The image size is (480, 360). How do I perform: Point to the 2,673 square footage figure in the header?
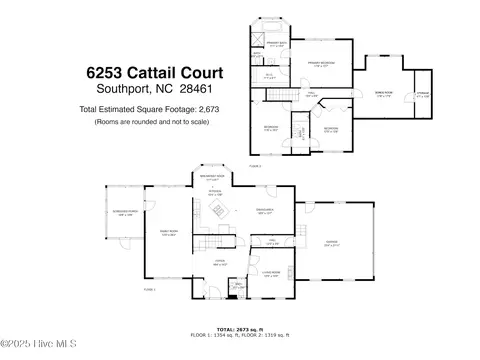coord(203,108)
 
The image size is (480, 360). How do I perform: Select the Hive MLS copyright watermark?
coord(35,351)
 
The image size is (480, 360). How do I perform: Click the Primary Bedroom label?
coord(321,63)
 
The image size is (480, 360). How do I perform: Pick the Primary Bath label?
coord(277,43)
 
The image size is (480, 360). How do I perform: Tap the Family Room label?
coord(169,232)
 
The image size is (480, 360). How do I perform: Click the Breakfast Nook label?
coord(211,177)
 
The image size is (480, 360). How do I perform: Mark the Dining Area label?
coord(264,211)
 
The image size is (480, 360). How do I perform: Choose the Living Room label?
coord(270,273)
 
